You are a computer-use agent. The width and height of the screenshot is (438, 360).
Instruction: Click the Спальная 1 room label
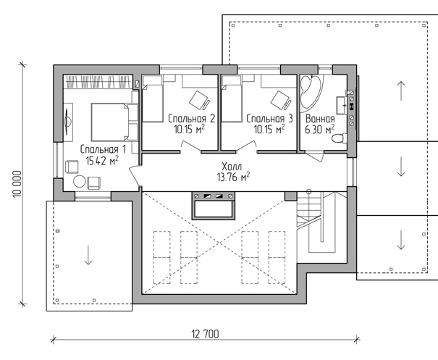click(x=103, y=149)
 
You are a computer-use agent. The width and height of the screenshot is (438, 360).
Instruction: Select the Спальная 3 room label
click(x=269, y=119)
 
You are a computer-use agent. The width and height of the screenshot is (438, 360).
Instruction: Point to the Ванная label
click(x=320, y=119)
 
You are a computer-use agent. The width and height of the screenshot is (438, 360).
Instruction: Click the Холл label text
click(x=232, y=167)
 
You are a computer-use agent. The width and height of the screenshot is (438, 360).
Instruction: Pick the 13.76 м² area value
click(x=233, y=177)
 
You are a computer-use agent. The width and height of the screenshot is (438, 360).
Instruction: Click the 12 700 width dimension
click(x=206, y=334)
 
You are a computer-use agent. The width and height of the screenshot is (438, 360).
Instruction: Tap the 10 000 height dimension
click(x=17, y=184)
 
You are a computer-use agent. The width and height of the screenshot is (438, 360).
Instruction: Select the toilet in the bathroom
click(x=340, y=138)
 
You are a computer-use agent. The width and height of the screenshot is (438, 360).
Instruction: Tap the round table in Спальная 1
click(x=80, y=181)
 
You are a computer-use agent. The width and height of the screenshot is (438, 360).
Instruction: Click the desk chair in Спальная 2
click(x=199, y=100)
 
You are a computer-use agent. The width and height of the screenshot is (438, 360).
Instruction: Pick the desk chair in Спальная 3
click(x=281, y=100)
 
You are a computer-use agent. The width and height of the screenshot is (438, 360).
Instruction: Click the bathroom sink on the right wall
click(x=341, y=105)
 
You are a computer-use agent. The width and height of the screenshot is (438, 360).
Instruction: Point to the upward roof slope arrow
click(x=401, y=91)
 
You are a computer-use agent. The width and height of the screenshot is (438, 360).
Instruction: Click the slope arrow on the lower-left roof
click(x=88, y=255)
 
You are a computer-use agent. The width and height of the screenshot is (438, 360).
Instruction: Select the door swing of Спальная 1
click(x=135, y=175)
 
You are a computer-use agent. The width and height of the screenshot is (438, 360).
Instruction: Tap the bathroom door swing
click(x=314, y=156)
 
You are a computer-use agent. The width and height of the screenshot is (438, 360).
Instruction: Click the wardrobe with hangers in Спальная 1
click(x=98, y=82)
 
